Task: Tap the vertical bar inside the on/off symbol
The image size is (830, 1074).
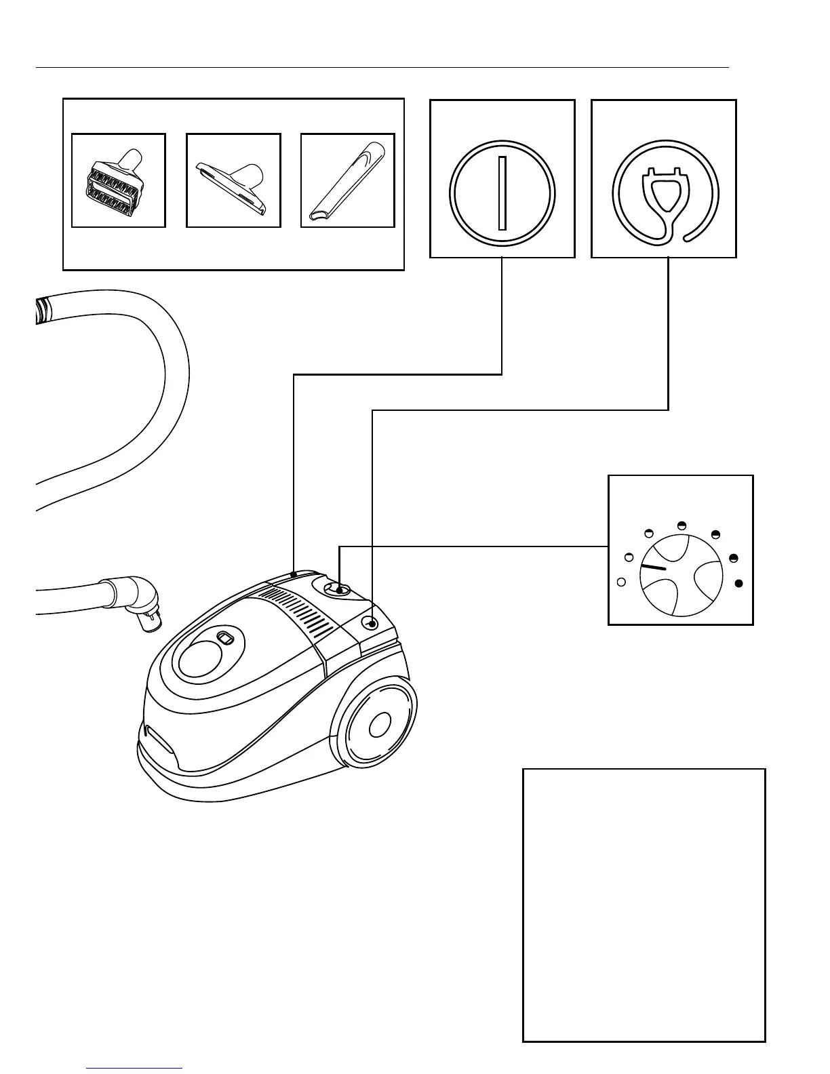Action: [x=502, y=193]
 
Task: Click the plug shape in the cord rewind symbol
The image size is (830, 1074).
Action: [x=664, y=189]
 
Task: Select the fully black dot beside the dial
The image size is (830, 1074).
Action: [x=739, y=583]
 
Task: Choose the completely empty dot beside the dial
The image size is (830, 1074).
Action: [x=620, y=582]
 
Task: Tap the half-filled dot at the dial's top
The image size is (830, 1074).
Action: [x=682, y=525]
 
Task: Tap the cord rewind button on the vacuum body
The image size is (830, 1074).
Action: [x=371, y=622]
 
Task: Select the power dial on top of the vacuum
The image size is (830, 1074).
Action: [x=337, y=589]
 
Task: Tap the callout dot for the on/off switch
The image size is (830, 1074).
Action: [x=293, y=574]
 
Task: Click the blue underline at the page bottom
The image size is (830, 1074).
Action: [x=134, y=1069]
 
